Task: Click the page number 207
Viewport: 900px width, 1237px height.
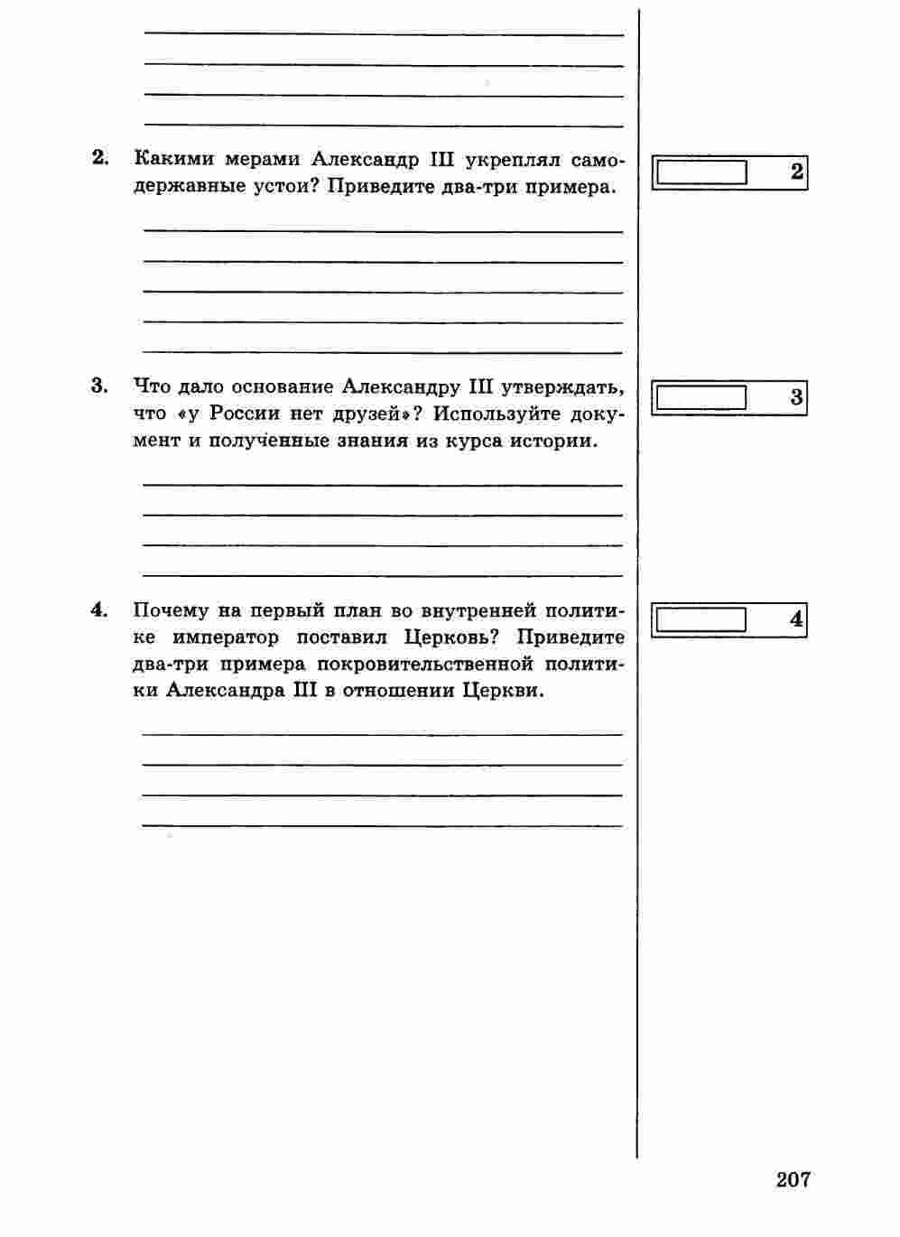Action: tap(793, 1178)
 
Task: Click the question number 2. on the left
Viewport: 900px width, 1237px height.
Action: tap(100, 159)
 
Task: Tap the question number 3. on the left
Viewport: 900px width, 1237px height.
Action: tap(100, 386)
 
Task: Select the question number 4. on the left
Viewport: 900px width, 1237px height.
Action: tap(100, 610)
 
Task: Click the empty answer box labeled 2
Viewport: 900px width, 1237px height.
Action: tap(701, 172)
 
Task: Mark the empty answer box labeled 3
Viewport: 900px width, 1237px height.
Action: tap(701, 397)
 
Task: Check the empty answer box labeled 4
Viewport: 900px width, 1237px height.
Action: tap(701, 620)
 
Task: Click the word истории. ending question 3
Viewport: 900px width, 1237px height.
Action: tap(552, 442)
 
